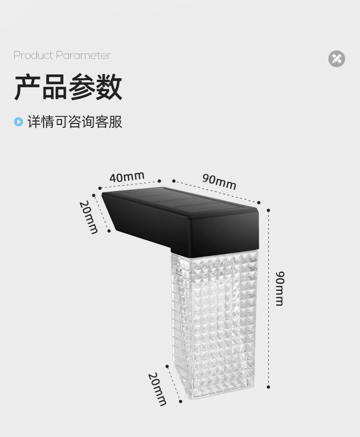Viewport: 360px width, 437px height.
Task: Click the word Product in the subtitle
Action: (x=33, y=55)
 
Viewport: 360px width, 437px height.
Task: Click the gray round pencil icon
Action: (x=336, y=59)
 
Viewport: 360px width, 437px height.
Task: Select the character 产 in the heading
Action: (x=27, y=87)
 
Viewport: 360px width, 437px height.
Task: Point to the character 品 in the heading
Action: (x=54, y=87)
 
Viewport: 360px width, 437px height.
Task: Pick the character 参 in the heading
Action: (x=82, y=87)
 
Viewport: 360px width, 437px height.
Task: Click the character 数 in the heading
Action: (x=108, y=87)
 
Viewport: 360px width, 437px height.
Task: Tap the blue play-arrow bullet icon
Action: (x=18, y=122)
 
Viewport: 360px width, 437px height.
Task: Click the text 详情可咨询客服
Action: (x=74, y=122)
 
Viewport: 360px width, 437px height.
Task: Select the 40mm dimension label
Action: (x=127, y=177)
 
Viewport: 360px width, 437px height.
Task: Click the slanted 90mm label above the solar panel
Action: (x=219, y=182)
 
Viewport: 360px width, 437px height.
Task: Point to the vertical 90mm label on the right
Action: (x=280, y=288)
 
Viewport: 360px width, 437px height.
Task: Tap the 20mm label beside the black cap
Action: (x=89, y=217)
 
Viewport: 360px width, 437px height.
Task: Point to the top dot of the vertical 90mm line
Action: (x=268, y=210)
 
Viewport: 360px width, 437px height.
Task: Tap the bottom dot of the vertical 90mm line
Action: (x=268, y=387)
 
